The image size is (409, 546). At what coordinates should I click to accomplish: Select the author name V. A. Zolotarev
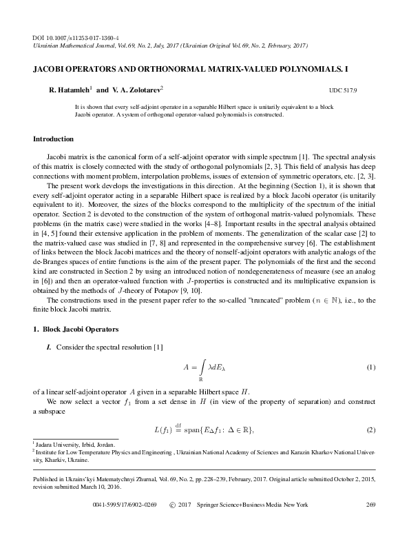coord(136,90)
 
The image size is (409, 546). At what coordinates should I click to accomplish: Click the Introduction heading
coord(53,139)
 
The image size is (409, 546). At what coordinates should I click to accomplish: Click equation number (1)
coord(370,367)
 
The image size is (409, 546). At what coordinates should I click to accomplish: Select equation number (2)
coord(370,431)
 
